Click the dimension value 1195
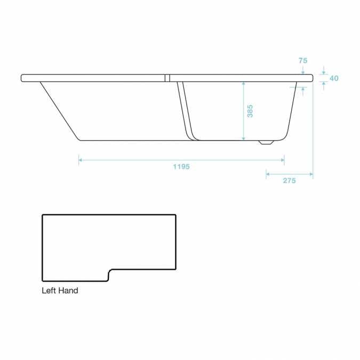(181, 166)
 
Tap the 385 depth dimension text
(250, 111)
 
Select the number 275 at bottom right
(289, 181)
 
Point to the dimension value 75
(302, 61)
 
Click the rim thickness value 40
(334, 78)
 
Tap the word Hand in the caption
(69, 291)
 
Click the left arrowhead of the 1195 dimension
(81, 159)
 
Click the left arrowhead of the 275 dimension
(268, 173)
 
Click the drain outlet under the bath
(265, 143)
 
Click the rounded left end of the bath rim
(22, 78)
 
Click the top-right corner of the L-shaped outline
(175, 215)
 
